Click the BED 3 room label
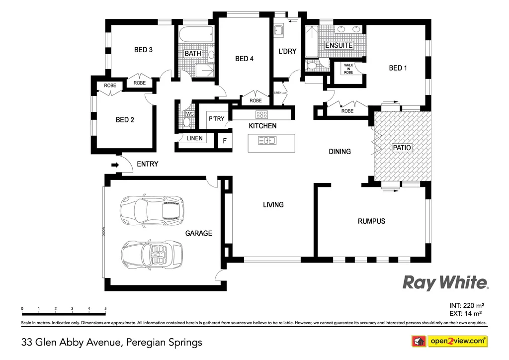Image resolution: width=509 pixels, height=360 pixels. [143, 50]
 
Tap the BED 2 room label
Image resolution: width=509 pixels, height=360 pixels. [125, 120]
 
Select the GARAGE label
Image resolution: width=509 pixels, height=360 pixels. [198, 233]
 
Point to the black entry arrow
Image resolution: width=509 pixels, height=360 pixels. [115, 165]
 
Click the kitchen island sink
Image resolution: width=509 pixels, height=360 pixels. [267, 141]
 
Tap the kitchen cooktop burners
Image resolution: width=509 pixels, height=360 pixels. [262, 114]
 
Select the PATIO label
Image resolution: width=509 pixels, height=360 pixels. [402, 148]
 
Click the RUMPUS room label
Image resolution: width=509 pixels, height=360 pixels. [371, 221]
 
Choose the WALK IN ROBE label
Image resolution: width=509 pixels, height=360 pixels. [348, 68]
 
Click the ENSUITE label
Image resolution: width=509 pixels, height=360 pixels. [339, 45]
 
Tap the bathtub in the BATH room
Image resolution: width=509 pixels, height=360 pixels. [196, 36]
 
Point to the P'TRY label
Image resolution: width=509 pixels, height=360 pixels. [216, 119]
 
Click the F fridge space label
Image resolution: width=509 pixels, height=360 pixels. [225, 141]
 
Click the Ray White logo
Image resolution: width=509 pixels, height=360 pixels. [445, 283]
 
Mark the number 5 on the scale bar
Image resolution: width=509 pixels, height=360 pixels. [105, 309]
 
